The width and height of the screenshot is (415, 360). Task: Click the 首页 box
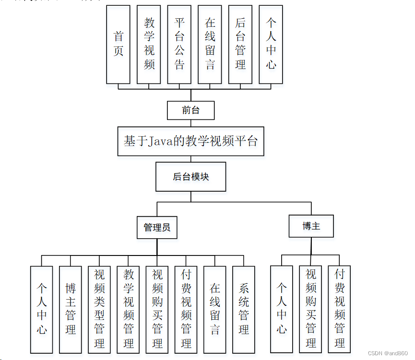pyautogui.click(x=118, y=45)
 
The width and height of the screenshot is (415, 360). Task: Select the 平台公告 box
pyautogui.click(x=179, y=45)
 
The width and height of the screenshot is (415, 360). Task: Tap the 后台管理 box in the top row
pyautogui.click(x=240, y=45)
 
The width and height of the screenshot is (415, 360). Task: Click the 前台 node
pyautogui.click(x=190, y=110)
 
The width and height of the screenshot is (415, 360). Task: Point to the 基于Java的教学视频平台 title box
pyautogui.click(x=190, y=141)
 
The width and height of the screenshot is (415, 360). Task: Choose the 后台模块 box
pyautogui.click(x=190, y=176)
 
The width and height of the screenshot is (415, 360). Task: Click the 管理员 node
pyautogui.click(x=157, y=227)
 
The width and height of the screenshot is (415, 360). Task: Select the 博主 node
pyautogui.click(x=311, y=226)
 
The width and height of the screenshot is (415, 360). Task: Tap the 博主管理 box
pyautogui.click(x=71, y=309)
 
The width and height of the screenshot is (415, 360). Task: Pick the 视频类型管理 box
pyautogui.click(x=99, y=309)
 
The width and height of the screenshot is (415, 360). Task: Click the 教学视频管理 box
pyautogui.click(x=129, y=309)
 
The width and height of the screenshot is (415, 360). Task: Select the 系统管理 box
pyautogui.click(x=244, y=309)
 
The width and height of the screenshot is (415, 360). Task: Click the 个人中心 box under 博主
pyautogui.click(x=282, y=309)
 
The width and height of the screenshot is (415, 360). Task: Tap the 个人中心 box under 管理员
pyautogui.click(x=42, y=309)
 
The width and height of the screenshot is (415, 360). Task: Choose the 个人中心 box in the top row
pyautogui.click(x=271, y=45)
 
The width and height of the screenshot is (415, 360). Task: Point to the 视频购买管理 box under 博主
pyautogui.click(x=311, y=309)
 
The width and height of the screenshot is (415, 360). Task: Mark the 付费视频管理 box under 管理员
pyautogui.click(x=186, y=309)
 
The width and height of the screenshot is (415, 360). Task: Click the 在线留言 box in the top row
pyautogui.click(x=210, y=45)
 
